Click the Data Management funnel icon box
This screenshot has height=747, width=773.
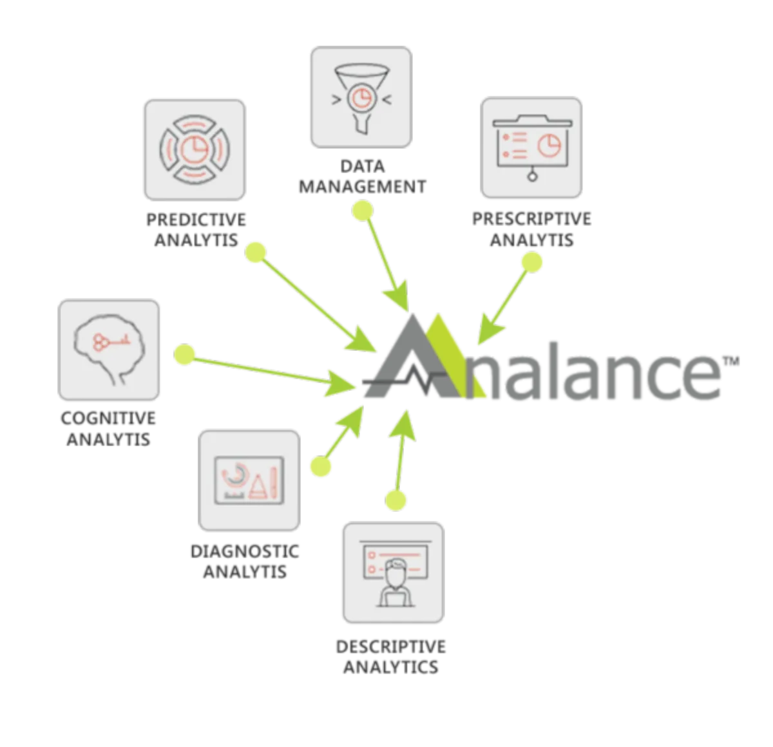click(x=360, y=97)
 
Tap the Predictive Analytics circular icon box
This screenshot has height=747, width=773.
click(x=195, y=149)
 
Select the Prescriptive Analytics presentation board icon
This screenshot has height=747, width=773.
click(x=532, y=147)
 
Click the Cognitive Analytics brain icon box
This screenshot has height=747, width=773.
click(x=110, y=350)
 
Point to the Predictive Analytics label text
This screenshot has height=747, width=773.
click(x=196, y=230)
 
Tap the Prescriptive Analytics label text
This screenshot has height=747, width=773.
click(x=531, y=229)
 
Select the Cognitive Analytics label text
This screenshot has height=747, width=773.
click(x=109, y=429)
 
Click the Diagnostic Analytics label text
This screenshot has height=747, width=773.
click(x=245, y=561)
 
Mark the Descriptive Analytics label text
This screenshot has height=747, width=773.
click(x=391, y=656)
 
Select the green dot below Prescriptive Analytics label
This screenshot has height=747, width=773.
click(x=532, y=261)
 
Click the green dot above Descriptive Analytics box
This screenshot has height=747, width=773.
click(x=396, y=500)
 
